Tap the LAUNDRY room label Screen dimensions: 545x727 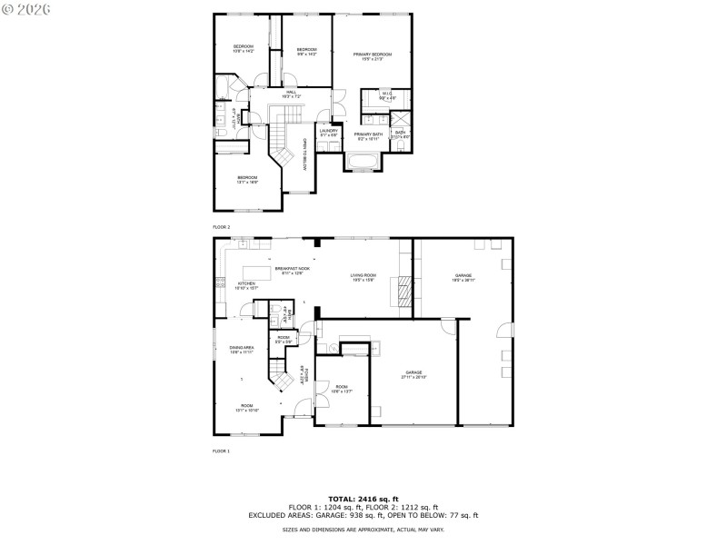pos(328,132)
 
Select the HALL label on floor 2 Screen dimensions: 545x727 pos(292,94)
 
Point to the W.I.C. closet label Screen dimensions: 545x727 pos(385,95)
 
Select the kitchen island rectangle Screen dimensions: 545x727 pos(259,272)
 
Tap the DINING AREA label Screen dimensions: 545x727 pos(241,350)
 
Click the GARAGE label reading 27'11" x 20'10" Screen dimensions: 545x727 pos(414,375)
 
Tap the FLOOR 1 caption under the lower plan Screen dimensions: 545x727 pos(222,451)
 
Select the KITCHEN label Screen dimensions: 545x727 pos(246,285)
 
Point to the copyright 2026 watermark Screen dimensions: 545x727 pos(26,8)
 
